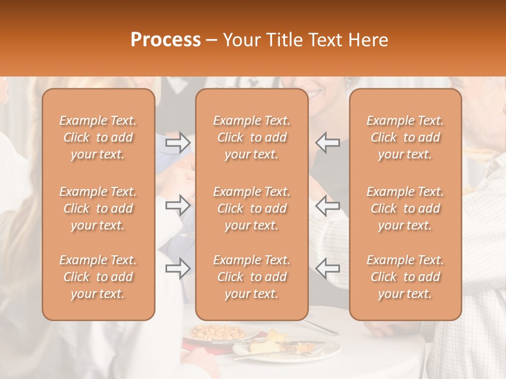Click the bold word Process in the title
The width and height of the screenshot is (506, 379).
pyautogui.click(x=166, y=39)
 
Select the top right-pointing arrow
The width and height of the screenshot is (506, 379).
pyautogui.click(x=178, y=142)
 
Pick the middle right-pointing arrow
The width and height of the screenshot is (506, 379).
pyautogui.click(x=178, y=205)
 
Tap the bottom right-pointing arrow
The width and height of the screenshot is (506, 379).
pyautogui.click(x=178, y=268)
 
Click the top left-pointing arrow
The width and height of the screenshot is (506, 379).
pyautogui.click(x=327, y=142)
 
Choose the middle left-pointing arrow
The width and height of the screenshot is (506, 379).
pyautogui.click(x=327, y=205)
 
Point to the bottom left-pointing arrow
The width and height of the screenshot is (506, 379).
pyautogui.click(x=327, y=268)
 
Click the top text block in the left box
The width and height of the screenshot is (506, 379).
pyautogui.click(x=98, y=137)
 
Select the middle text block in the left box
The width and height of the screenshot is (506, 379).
pyautogui.click(x=98, y=208)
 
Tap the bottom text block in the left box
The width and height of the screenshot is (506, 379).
pyautogui.click(x=98, y=277)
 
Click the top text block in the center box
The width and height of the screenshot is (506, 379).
pyautogui.click(x=251, y=137)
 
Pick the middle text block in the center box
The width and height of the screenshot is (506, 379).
pyautogui.click(x=251, y=208)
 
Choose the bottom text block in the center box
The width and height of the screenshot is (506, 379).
pyautogui.click(x=251, y=277)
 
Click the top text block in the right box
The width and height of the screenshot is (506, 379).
pyautogui.click(x=405, y=137)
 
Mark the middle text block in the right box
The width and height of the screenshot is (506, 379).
pyautogui.click(x=405, y=208)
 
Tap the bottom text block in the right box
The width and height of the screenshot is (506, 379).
pyautogui.click(x=405, y=277)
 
